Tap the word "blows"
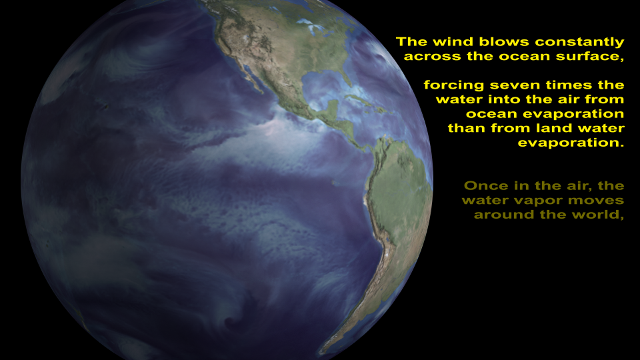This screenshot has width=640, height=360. click(x=504, y=41)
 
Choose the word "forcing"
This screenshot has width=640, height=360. click(x=454, y=85)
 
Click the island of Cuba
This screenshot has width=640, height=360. click(x=359, y=99)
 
